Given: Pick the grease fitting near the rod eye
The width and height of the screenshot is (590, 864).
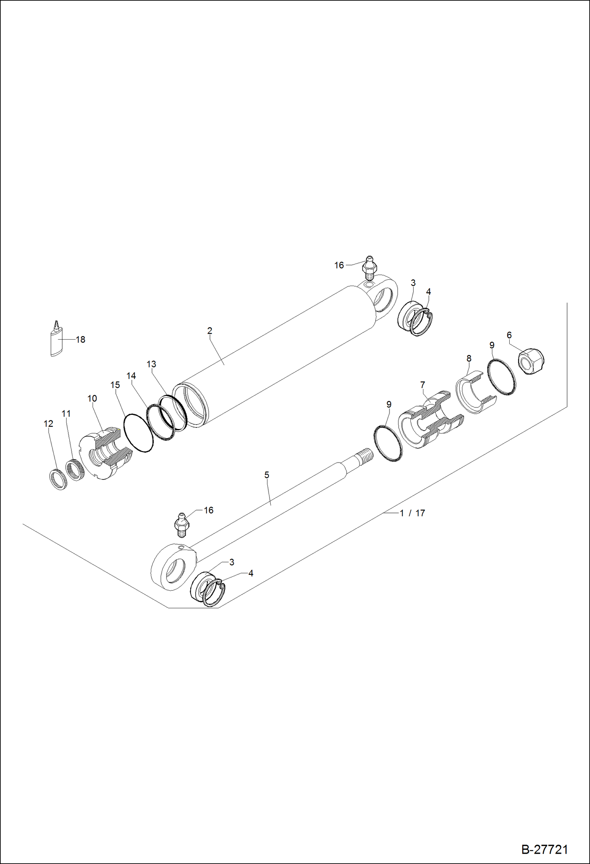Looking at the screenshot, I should pos(182,524).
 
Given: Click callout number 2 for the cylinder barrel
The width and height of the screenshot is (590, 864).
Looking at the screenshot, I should pos(210,331).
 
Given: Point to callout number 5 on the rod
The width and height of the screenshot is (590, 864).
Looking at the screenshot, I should pos(267,475).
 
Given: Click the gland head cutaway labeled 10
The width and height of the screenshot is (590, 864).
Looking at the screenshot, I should pos(106,453).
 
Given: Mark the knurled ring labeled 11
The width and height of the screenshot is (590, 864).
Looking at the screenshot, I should pos(74,470).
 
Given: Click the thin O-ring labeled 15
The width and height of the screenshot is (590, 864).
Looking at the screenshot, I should pos(138,433).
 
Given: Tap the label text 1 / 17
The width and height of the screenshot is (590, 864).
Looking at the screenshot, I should pos(412,513).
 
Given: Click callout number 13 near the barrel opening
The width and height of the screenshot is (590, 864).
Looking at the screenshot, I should pos(151,364).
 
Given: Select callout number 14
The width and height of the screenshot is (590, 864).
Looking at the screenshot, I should pos(131,376).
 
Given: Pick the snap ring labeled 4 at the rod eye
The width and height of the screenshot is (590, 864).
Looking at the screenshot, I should pos(214,593).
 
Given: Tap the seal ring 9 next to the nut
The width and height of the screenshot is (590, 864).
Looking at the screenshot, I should pos(501,377).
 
